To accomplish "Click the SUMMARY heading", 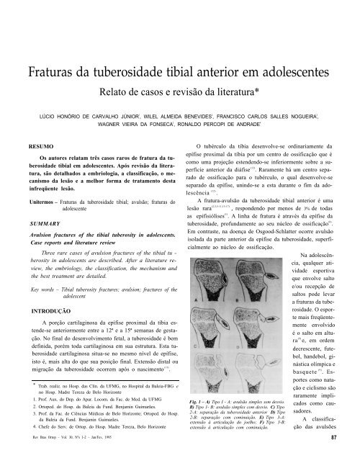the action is [34, 236].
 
